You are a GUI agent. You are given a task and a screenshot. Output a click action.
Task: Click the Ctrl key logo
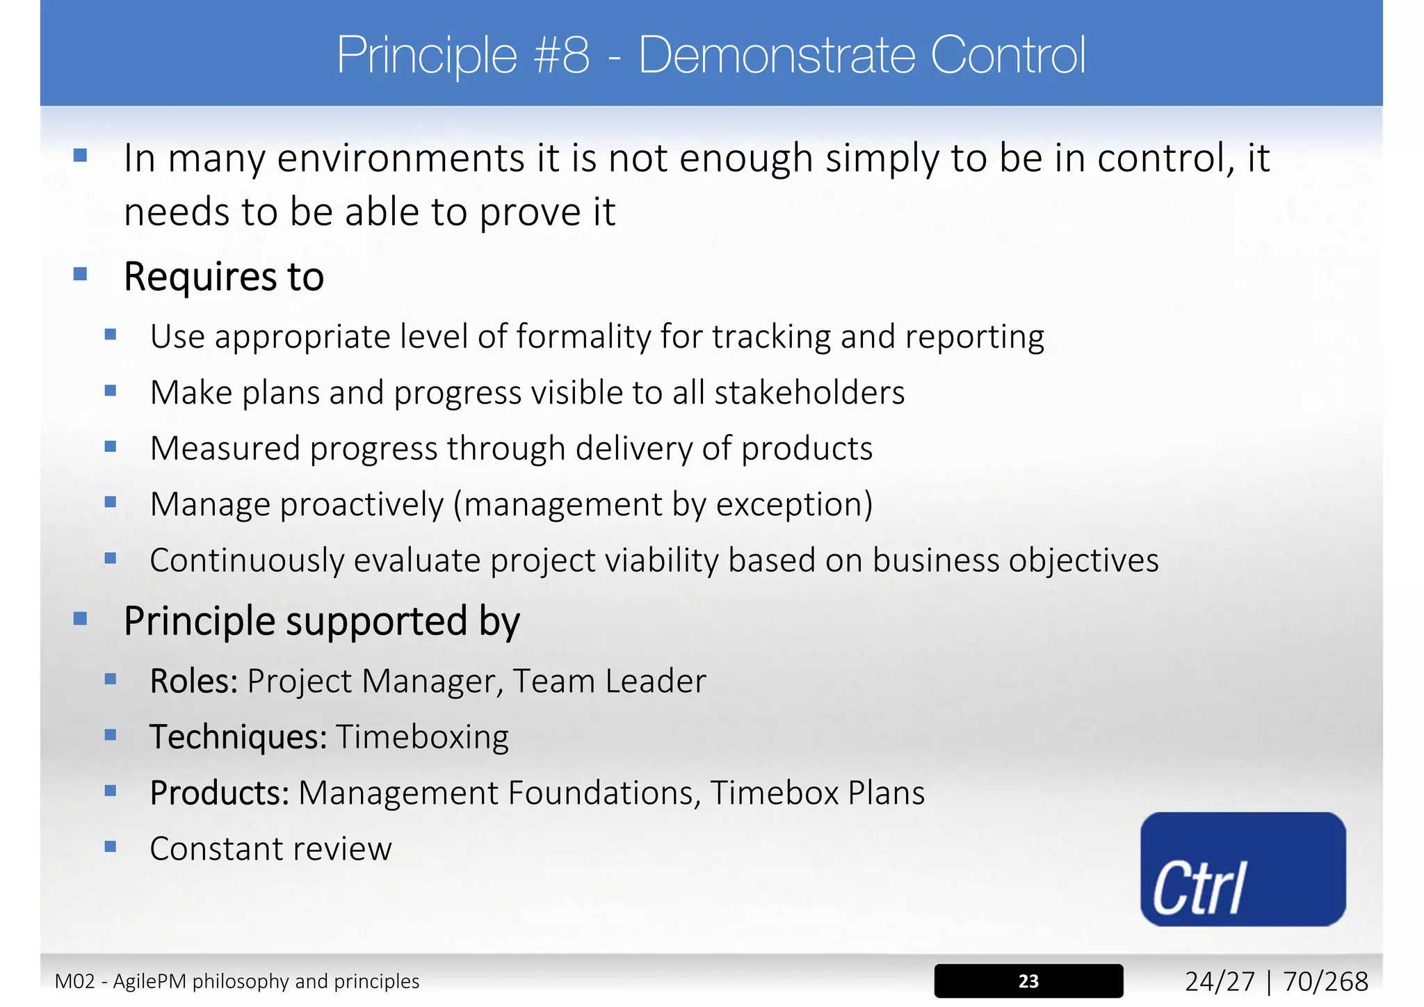pyautogui.click(x=1243, y=869)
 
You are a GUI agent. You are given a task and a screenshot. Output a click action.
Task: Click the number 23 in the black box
pyautogui.click(x=1028, y=981)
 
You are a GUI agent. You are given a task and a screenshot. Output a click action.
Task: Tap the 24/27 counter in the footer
pyautogui.click(x=1220, y=981)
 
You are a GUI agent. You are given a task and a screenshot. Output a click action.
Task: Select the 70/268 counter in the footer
pyautogui.click(x=1325, y=981)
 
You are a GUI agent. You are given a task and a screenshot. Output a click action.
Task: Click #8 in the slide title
pyautogui.click(x=562, y=55)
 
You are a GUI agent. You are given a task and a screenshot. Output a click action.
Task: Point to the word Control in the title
pyautogui.click(x=1008, y=55)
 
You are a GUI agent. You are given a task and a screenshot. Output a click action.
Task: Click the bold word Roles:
pyautogui.click(x=194, y=681)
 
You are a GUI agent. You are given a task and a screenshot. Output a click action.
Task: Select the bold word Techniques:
pyautogui.click(x=238, y=737)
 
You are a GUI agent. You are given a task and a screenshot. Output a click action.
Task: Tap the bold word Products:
pyautogui.click(x=219, y=793)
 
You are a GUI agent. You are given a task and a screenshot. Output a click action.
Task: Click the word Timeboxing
pyautogui.click(x=422, y=737)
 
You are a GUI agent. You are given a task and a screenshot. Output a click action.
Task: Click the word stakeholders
pyautogui.click(x=809, y=393)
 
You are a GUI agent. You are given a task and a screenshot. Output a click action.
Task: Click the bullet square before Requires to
pyautogui.click(x=80, y=274)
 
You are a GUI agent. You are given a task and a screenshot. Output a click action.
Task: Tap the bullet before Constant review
pyautogui.click(x=110, y=846)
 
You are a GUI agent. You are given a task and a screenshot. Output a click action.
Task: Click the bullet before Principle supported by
pyautogui.click(x=80, y=618)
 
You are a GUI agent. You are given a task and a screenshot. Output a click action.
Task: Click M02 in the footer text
pyautogui.click(x=74, y=981)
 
